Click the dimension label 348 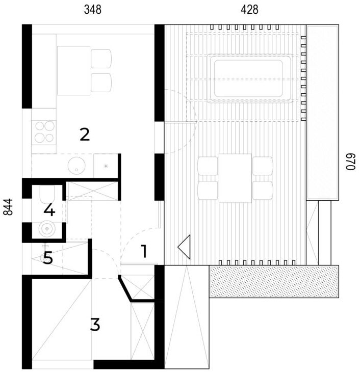pyautogui.click(x=93, y=10)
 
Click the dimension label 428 pyautogui.click(x=249, y=10)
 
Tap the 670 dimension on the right pyautogui.click(x=351, y=162)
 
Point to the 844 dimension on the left pyautogui.click(x=8, y=207)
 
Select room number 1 pyautogui.click(x=144, y=251)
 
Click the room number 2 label pyautogui.click(x=85, y=135)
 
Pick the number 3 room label pyautogui.click(x=95, y=324)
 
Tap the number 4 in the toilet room pyautogui.click(x=49, y=210)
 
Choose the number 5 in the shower pyautogui.click(x=48, y=258)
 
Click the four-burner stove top pyautogui.click(x=44, y=132)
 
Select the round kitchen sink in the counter pyautogui.click(x=76, y=166)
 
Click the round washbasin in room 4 pyautogui.click(x=47, y=229)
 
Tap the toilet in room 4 pyautogui.click(x=47, y=194)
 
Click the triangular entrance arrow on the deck pyautogui.click(x=184, y=247)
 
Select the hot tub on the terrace pyautogui.click(x=249, y=78)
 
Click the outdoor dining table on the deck pyautogui.click(x=235, y=178)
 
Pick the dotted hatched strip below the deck pyautogui.click(x=274, y=281)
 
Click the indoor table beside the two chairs pyautogui.click(x=73, y=71)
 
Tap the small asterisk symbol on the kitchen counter pyautogui.click(x=106, y=166)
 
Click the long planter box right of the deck pyautogui.click(x=322, y=113)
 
